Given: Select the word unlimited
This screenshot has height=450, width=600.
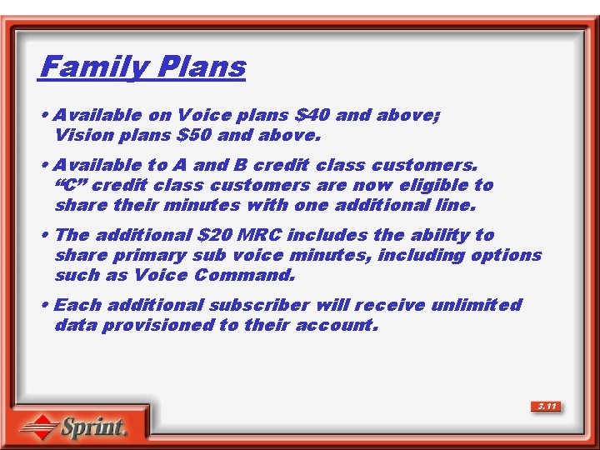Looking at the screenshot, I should click(476, 305).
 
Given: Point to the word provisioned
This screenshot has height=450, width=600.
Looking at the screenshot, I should click(157, 325).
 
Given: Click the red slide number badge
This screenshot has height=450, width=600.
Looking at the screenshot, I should click(547, 407).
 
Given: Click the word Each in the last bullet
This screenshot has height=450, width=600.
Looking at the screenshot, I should click(75, 305).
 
